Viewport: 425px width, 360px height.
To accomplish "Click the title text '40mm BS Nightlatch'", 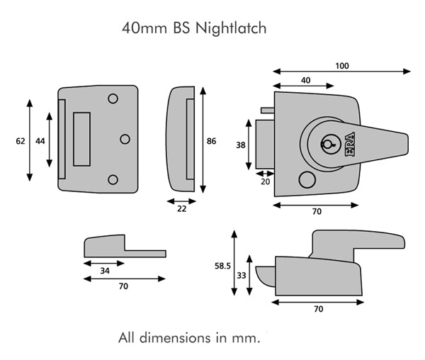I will coord(194,29).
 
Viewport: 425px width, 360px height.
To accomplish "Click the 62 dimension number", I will coord(20,141).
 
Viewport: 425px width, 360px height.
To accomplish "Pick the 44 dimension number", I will coord(40,141).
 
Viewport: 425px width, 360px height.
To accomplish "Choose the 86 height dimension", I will coord(210,141).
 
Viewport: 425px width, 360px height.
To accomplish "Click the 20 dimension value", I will coord(266,181).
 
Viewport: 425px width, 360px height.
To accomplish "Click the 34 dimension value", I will coord(104,270).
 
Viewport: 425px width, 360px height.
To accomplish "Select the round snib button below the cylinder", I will coord(306,179).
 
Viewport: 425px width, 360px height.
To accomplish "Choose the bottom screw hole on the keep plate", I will coord(113,179).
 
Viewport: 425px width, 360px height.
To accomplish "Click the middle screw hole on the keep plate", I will coord(125,139).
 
